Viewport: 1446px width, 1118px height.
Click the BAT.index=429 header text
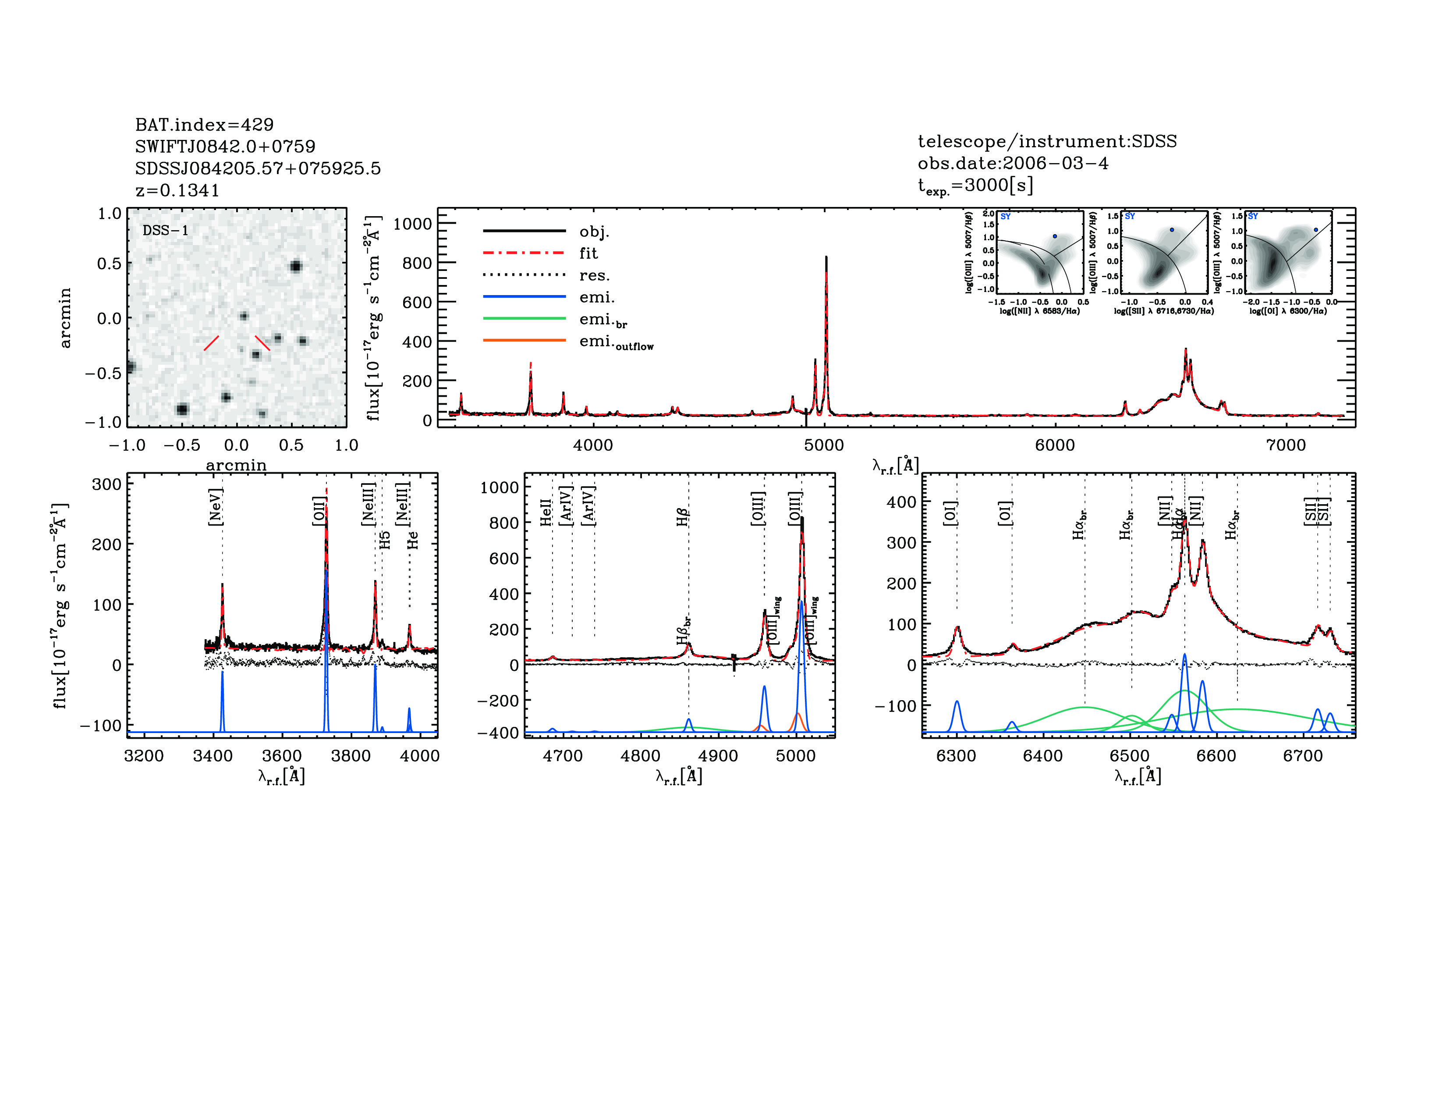(x=204, y=125)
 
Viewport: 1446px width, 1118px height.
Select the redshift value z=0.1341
(x=177, y=190)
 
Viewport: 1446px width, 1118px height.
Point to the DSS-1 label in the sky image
(x=166, y=231)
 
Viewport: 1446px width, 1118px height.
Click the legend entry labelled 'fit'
(x=588, y=253)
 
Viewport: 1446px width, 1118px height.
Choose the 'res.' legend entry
(x=594, y=275)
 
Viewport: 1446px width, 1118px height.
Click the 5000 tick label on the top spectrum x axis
(x=824, y=445)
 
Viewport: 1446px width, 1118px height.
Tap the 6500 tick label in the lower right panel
(x=1130, y=756)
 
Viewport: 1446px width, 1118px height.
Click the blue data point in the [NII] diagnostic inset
(x=1055, y=236)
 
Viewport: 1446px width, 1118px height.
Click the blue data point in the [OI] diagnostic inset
(x=1315, y=230)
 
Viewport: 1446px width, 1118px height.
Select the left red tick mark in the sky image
(x=211, y=343)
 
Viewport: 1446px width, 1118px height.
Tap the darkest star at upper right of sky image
(x=295, y=267)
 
